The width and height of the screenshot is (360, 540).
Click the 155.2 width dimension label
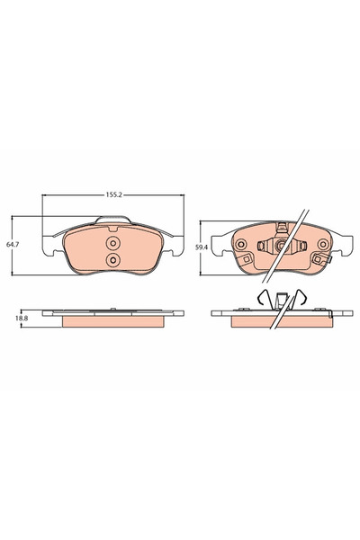113,195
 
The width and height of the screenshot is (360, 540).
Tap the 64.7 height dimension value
13,244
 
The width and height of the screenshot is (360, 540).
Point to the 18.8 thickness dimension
21,319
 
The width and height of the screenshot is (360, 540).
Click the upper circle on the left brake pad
113,244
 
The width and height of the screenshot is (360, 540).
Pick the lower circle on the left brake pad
113,260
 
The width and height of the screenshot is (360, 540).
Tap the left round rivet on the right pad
240,245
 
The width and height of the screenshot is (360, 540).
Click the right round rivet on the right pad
323,245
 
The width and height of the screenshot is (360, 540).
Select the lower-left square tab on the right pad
246,259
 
